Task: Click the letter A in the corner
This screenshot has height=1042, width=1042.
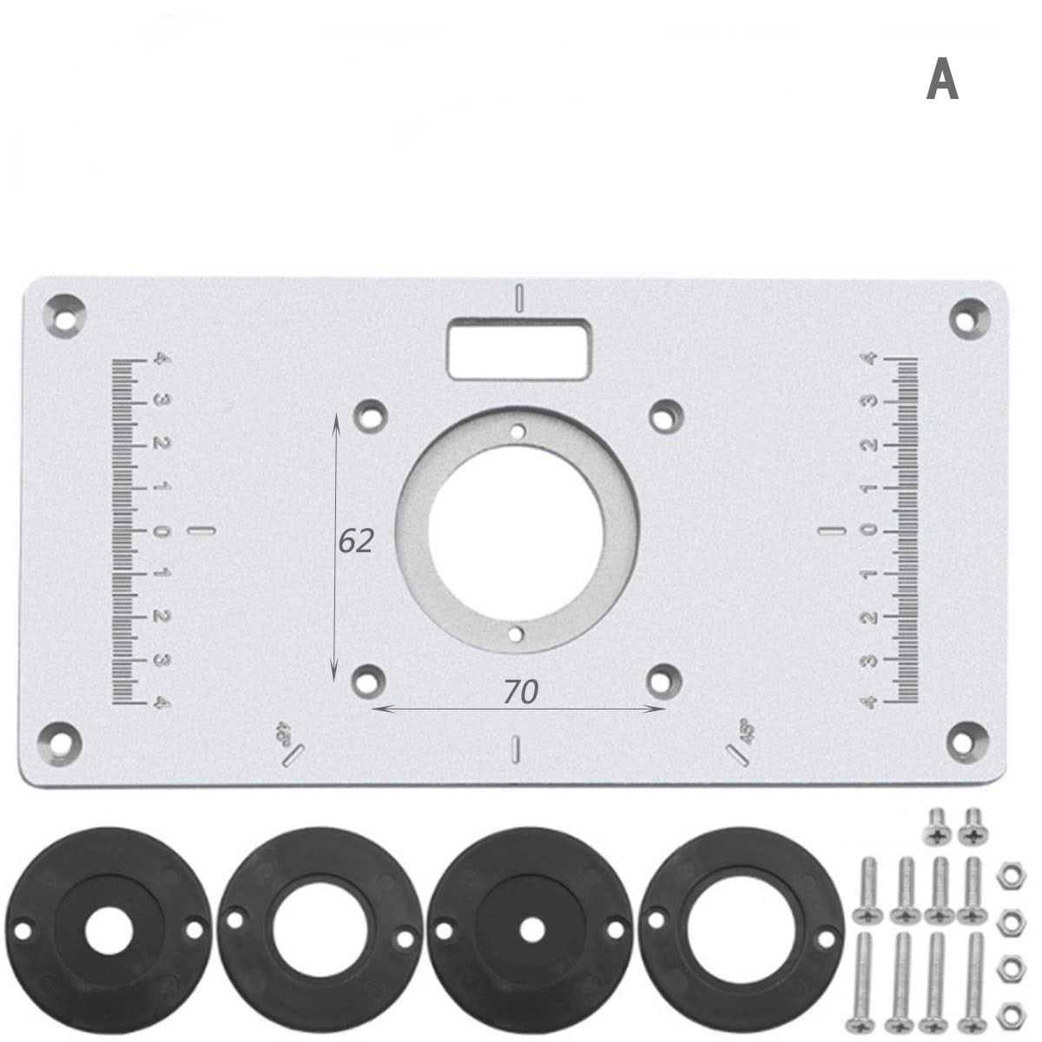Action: [942, 81]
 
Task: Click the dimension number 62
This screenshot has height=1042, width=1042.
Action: [355, 541]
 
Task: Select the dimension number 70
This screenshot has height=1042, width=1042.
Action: [521, 691]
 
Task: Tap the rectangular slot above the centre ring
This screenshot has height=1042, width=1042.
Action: [520, 348]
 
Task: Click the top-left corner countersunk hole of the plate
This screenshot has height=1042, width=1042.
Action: [65, 313]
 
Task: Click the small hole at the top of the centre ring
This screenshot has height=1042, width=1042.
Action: [518, 431]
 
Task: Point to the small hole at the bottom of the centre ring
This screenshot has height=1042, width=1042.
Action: [517, 634]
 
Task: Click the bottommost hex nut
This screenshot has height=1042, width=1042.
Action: [1009, 1012]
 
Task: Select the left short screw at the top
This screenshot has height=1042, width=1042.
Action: [937, 825]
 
